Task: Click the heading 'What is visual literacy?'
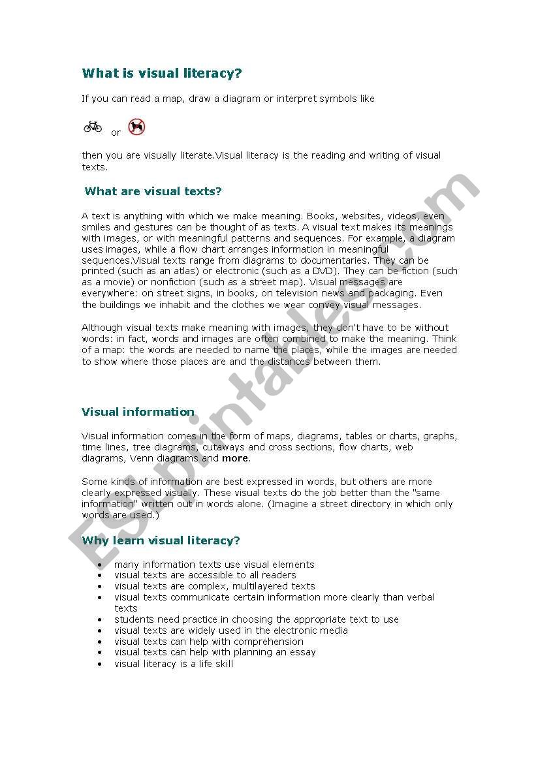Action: click(x=162, y=74)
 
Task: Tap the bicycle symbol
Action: click(x=93, y=127)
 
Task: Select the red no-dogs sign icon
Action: click(x=136, y=127)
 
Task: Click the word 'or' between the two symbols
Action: click(x=116, y=133)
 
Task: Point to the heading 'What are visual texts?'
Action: click(x=153, y=191)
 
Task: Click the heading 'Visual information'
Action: click(x=138, y=412)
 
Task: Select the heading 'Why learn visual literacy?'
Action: click(x=161, y=540)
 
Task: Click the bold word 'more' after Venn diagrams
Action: click(x=235, y=458)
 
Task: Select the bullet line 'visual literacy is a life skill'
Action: click(x=174, y=664)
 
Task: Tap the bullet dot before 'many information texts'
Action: click(x=99, y=565)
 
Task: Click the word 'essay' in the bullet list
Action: click(x=302, y=652)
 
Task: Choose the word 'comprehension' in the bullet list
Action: click(x=268, y=642)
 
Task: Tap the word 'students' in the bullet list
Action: click(x=134, y=619)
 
